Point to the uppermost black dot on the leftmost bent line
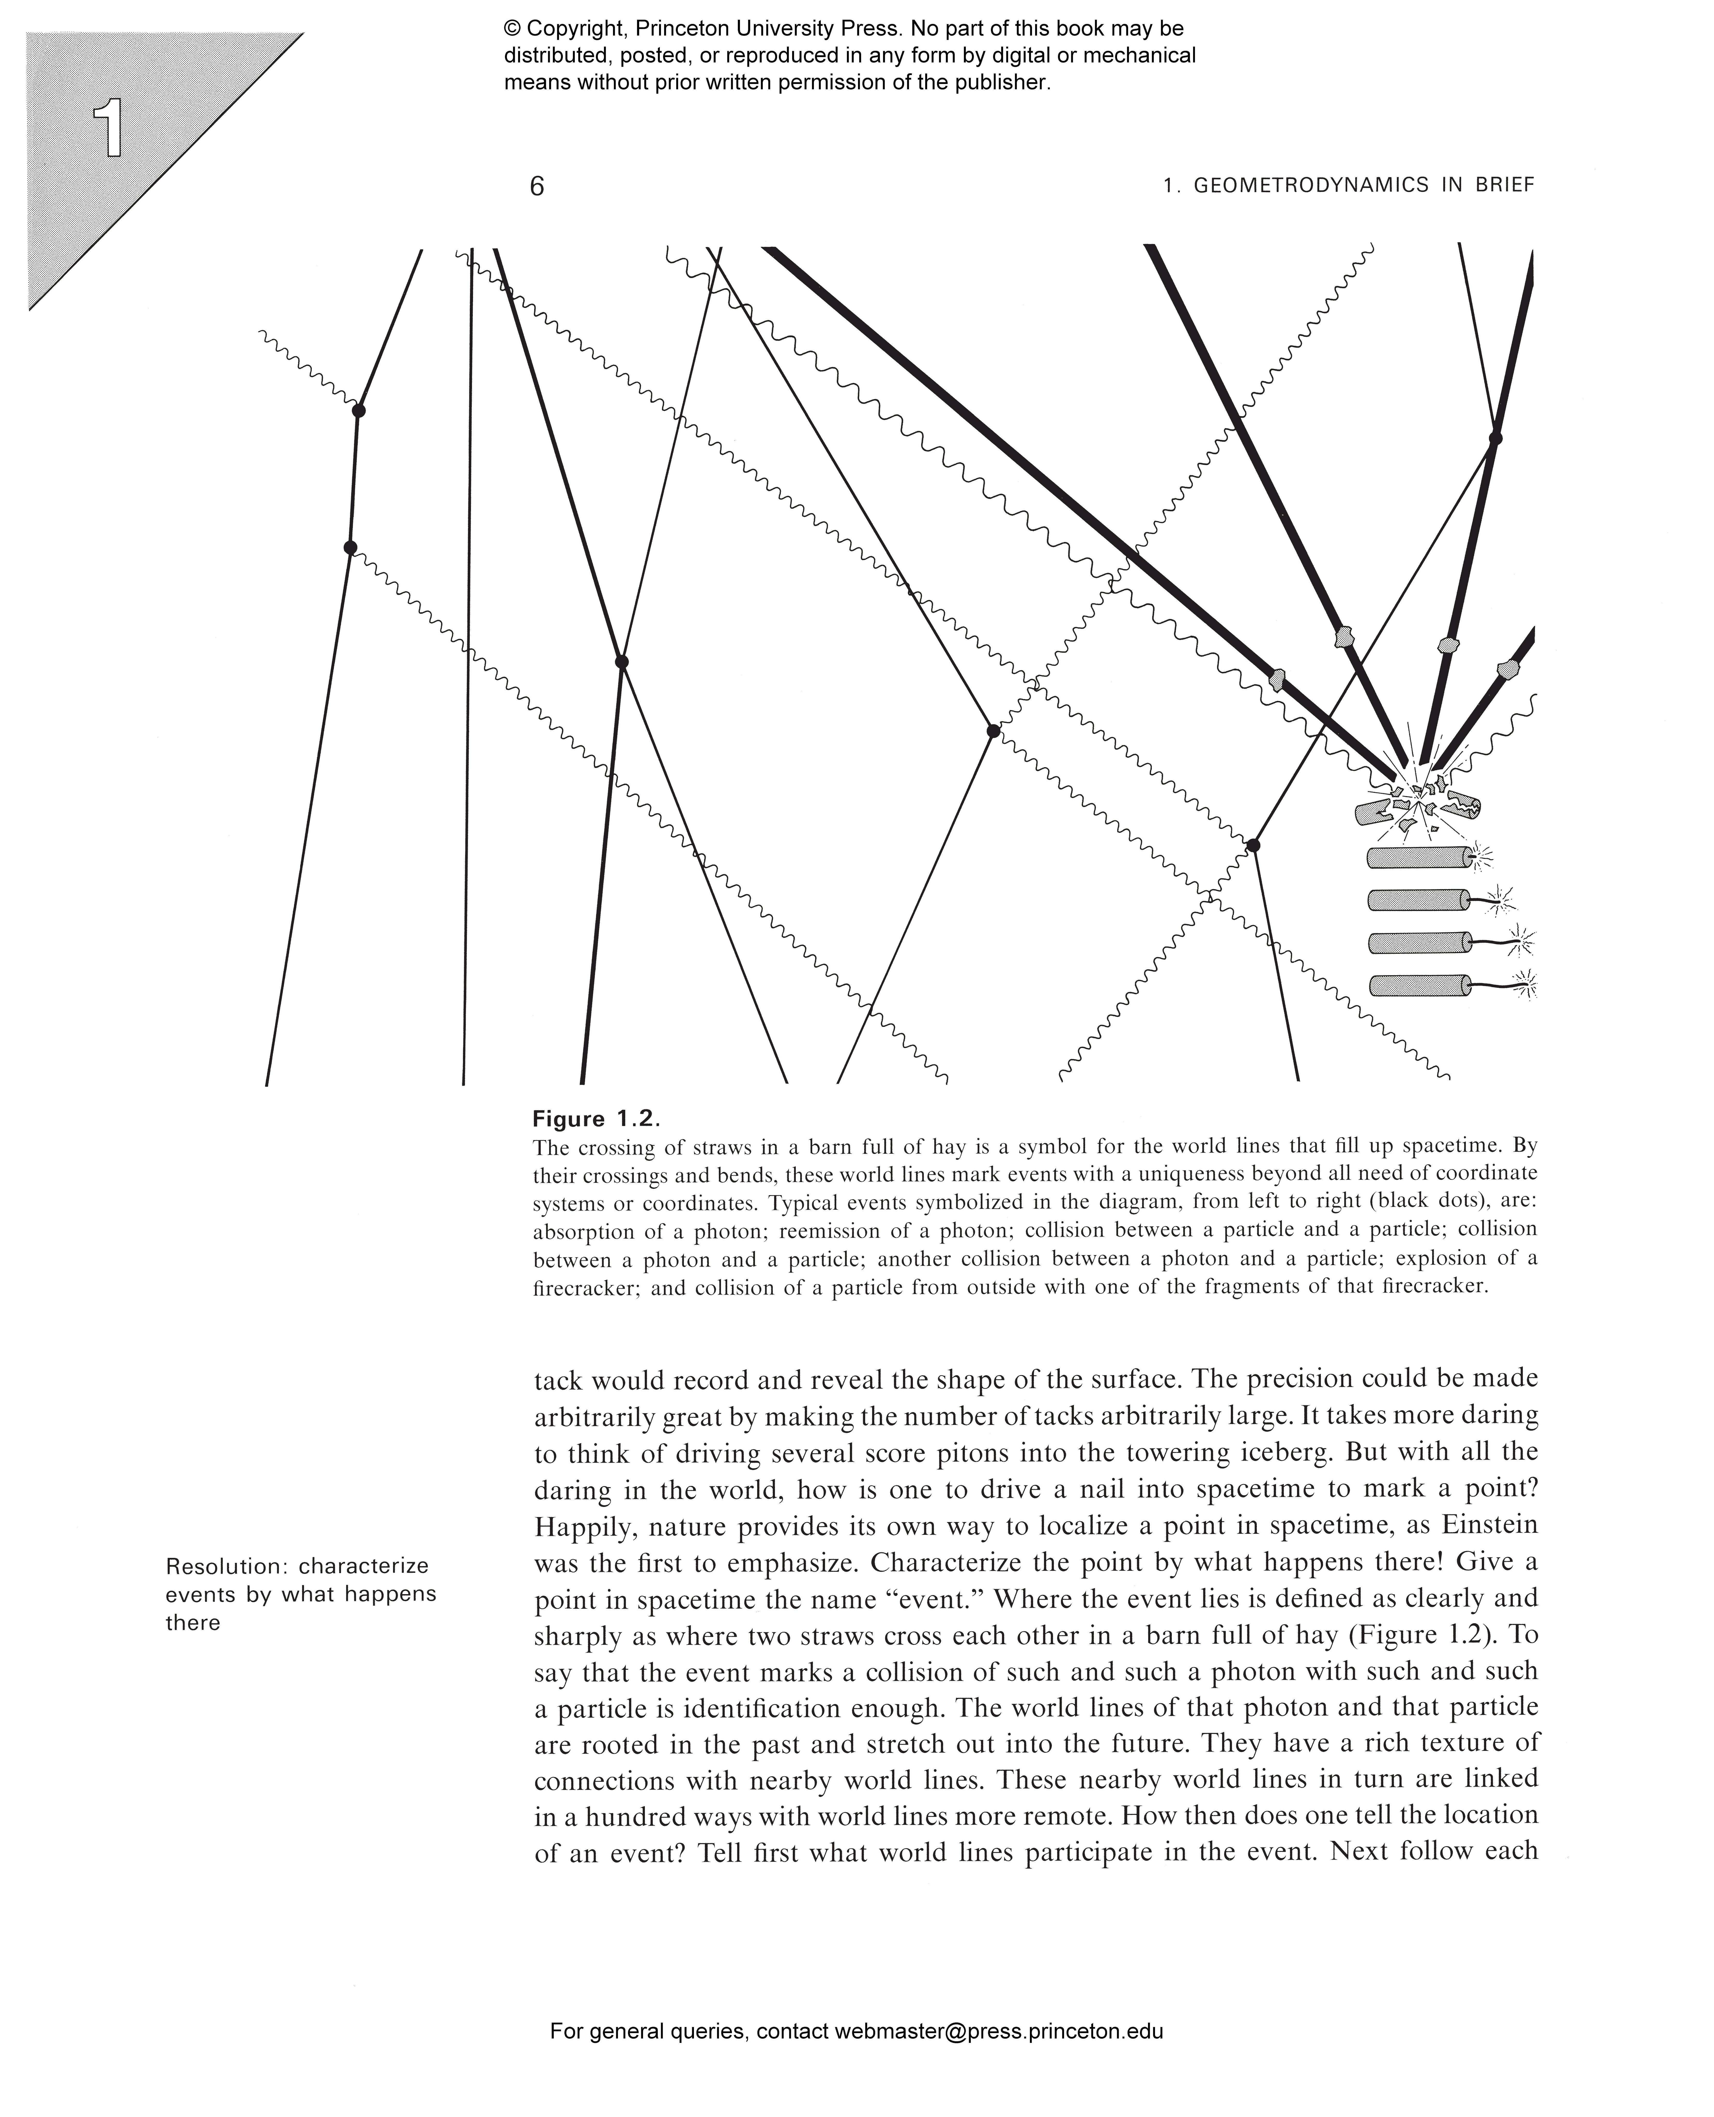(x=358, y=410)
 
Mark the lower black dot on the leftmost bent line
(x=349, y=547)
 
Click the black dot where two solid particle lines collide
(x=621, y=662)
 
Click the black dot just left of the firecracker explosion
(x=1253, y=845)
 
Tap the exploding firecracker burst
(x=1419, y=800)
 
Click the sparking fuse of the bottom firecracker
(x=1525, y=984)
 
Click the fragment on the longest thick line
(x=1277, y=679)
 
